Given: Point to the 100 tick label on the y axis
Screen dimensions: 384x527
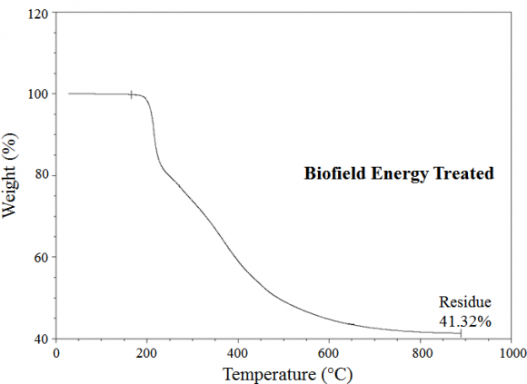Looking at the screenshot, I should [37, 94].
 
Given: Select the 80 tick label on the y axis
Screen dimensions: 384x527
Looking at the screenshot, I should [41, 175].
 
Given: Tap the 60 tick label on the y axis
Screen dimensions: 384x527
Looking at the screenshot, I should [41, 257].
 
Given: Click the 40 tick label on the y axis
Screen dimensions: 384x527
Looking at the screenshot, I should [41, 339].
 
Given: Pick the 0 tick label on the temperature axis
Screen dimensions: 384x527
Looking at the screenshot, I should [56, 354].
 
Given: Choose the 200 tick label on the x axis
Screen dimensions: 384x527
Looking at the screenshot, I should [147, 354].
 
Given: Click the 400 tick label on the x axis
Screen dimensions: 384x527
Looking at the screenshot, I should [238, 354].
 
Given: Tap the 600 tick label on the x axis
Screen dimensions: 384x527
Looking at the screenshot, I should [329, 354].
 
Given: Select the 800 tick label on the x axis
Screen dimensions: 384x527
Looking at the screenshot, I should [420, 354].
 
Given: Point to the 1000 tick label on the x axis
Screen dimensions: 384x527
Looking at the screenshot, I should [511, 354].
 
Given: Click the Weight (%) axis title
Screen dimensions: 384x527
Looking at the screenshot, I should [12, 176].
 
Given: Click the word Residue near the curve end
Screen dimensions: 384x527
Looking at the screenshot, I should [465, 303].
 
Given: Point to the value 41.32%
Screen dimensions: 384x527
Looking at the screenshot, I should [465, 320].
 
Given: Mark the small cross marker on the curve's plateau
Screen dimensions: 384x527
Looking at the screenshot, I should [132, 94].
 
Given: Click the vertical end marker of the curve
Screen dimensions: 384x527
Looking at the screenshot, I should [461, 333].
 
